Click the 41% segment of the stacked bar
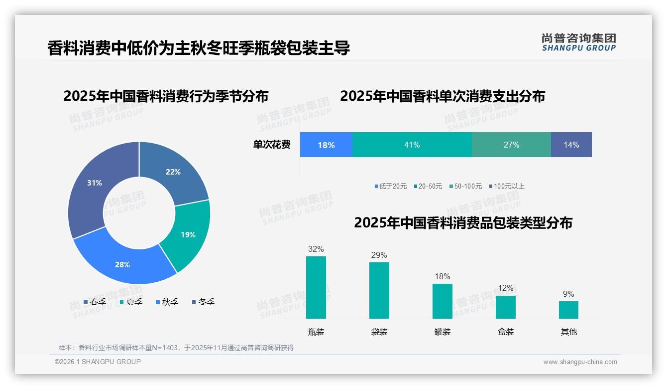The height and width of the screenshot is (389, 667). (412, 145)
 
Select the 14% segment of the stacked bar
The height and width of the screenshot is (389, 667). (571, 145)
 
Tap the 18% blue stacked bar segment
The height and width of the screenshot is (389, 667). (326, 145)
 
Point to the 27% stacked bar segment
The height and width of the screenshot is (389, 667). (511, 145)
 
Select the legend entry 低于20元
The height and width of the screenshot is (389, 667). (391, 186)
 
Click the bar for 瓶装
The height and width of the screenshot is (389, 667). (316, 287)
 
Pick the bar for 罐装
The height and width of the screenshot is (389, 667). (442, 301)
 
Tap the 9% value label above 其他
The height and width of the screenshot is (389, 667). (568, 294)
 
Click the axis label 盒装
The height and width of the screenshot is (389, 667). (506, 332)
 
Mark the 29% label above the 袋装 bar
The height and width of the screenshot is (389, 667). (379, 255)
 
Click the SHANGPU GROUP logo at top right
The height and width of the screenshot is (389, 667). (578, 42)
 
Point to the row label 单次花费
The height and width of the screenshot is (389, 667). (272, 145)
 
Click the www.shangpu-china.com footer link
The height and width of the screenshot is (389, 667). (580, 362)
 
